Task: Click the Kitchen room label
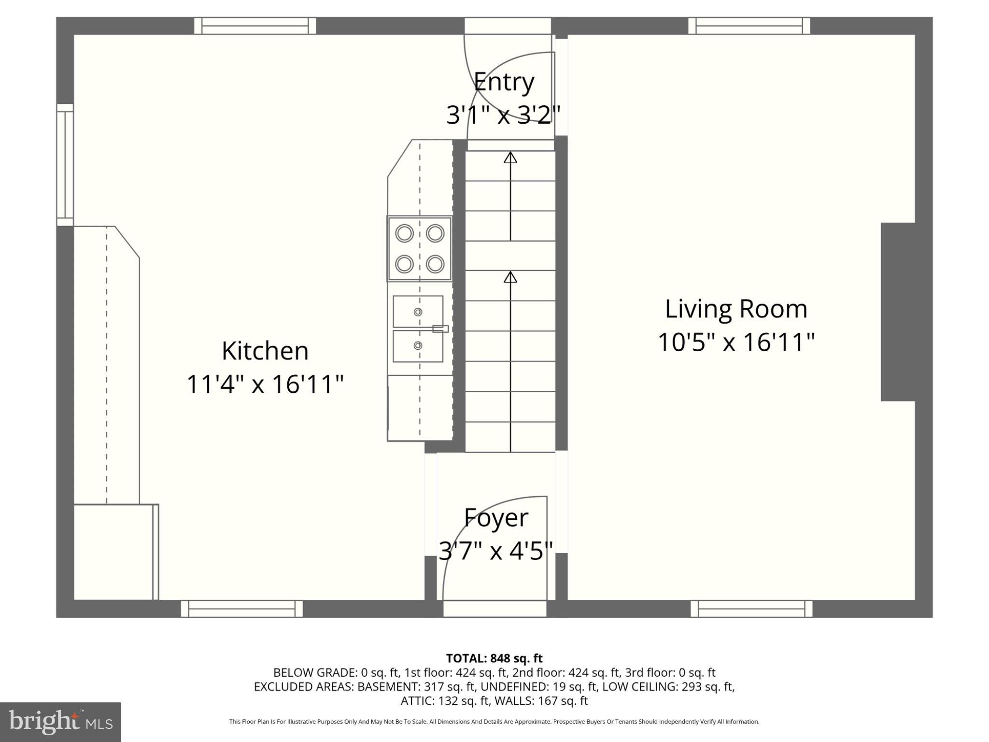tap(265, 351)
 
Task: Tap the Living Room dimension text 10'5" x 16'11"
tap(736, 342)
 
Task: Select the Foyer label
tap(496, 518)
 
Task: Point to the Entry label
tap(504, 82)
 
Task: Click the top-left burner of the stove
tap(404, 234)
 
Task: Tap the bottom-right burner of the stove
tap(435, 264)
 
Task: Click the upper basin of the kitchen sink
tap(418, 312)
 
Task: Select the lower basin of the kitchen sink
tap(418, 345)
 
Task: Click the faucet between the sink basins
tap(440, 329)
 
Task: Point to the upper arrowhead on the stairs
tap(510, 157)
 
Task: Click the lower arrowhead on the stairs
tap(510, 277)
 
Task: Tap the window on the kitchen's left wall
tap(65, 164)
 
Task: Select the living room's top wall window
tap(749, 26)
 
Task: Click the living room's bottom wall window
tap(751, 609)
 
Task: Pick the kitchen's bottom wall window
tap(242, 609)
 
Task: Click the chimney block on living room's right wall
tap(898, 312)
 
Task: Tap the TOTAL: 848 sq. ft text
tap(494, 658)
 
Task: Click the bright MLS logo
tap(60, 722)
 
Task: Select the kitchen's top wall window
tap(255, 26)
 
